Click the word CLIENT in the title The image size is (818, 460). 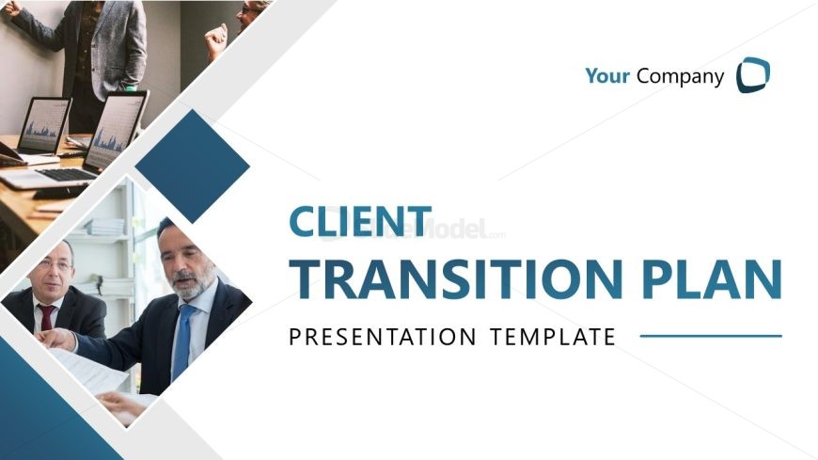pos(360,221)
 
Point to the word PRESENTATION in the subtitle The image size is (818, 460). pos(383,337)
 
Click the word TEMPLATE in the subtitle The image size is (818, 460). pos(553,337)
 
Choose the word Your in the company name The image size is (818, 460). pos(607,75)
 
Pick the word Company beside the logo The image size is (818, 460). pos(681,77)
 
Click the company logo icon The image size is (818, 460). pos(753,75)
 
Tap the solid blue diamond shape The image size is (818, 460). pos(193,167)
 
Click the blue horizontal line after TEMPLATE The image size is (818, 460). pos(711,336)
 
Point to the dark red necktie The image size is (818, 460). pos(47,317)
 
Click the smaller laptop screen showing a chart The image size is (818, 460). pos(44,125)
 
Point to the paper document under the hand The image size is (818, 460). pos(88,371)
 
